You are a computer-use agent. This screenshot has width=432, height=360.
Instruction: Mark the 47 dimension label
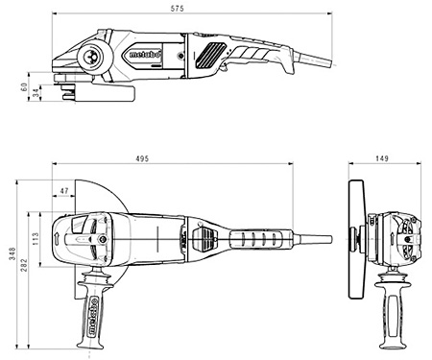point(64,192)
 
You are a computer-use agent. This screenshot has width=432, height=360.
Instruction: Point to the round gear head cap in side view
point(98,55)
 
